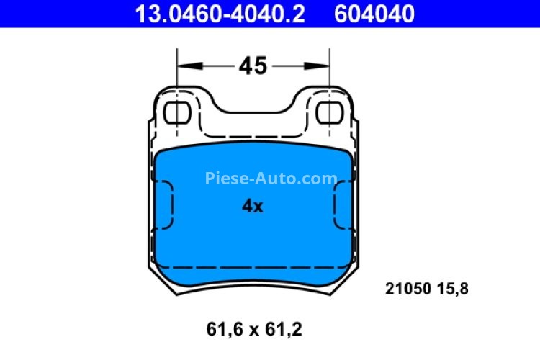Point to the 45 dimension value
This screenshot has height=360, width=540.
click(253, 66)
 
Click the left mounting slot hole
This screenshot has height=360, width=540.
click(176, 113)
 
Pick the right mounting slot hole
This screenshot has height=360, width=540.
click(329, 113)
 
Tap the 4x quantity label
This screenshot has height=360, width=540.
click(252, 207)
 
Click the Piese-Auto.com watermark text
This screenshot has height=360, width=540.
click(271, 179)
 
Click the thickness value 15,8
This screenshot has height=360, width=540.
click(454, 289)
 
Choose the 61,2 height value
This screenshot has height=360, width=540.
click(282, 330)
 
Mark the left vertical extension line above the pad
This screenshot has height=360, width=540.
click(177, 72)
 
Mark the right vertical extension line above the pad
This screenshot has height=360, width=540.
click(330, 72)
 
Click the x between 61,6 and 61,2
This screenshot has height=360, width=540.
click(253, 331)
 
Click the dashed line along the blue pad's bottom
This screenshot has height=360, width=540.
click(253, 268)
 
